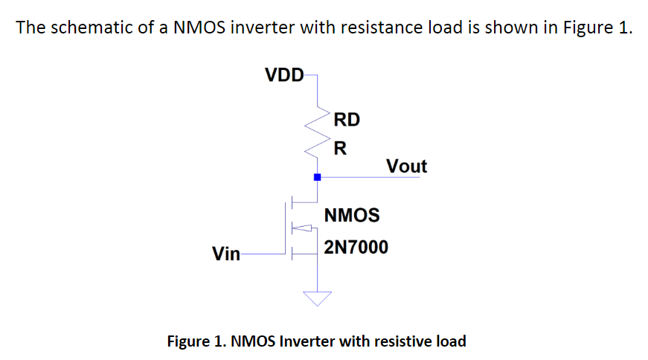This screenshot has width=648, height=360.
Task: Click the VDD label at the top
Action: click(284, 74)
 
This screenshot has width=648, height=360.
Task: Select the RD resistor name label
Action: click(347, 119)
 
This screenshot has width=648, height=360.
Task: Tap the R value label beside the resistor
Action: click(340, 147)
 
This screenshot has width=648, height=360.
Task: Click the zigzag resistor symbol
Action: click(318, 134)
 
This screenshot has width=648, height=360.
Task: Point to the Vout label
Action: click(407, 166)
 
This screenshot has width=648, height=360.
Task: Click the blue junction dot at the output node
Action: click(318, 177)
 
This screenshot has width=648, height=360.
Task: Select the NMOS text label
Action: click(352, 216)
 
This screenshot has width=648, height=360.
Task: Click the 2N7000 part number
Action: click(356, 247)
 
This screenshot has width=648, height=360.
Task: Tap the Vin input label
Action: click(226, 254)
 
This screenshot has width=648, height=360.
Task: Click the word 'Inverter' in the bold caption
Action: click(307, 341)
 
